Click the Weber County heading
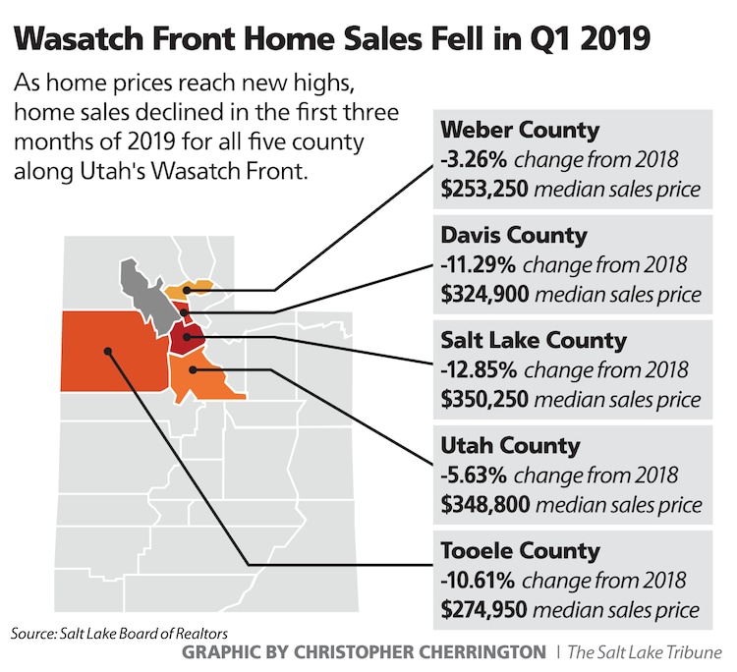520,131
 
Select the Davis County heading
514,236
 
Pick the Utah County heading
510,446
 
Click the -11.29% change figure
480,264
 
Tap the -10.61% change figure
480,580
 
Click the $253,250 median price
482,190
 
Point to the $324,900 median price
482,294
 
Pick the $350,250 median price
482,399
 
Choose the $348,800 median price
482,504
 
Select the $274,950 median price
482,608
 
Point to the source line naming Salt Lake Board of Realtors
121,634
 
